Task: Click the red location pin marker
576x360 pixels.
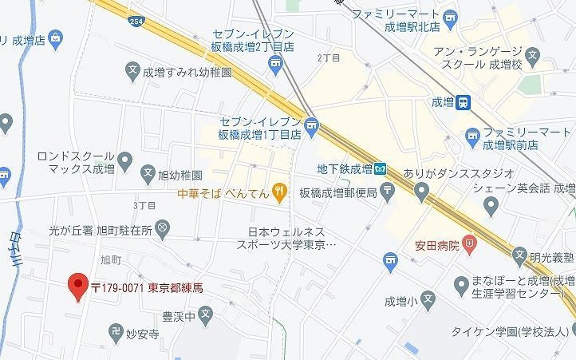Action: (77, 285)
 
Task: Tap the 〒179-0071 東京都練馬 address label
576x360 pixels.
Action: (147, 287)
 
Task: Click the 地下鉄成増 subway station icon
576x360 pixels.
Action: (381, 168)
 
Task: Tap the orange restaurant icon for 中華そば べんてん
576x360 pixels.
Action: (278, 190)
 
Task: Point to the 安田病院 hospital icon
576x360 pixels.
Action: (470, 243)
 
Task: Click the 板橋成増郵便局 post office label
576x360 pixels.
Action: (343, 191)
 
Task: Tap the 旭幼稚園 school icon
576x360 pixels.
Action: (148, 172)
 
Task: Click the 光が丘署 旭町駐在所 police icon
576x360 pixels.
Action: (162, 229)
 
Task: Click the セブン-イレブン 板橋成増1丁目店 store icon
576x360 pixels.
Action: (311, 124)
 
